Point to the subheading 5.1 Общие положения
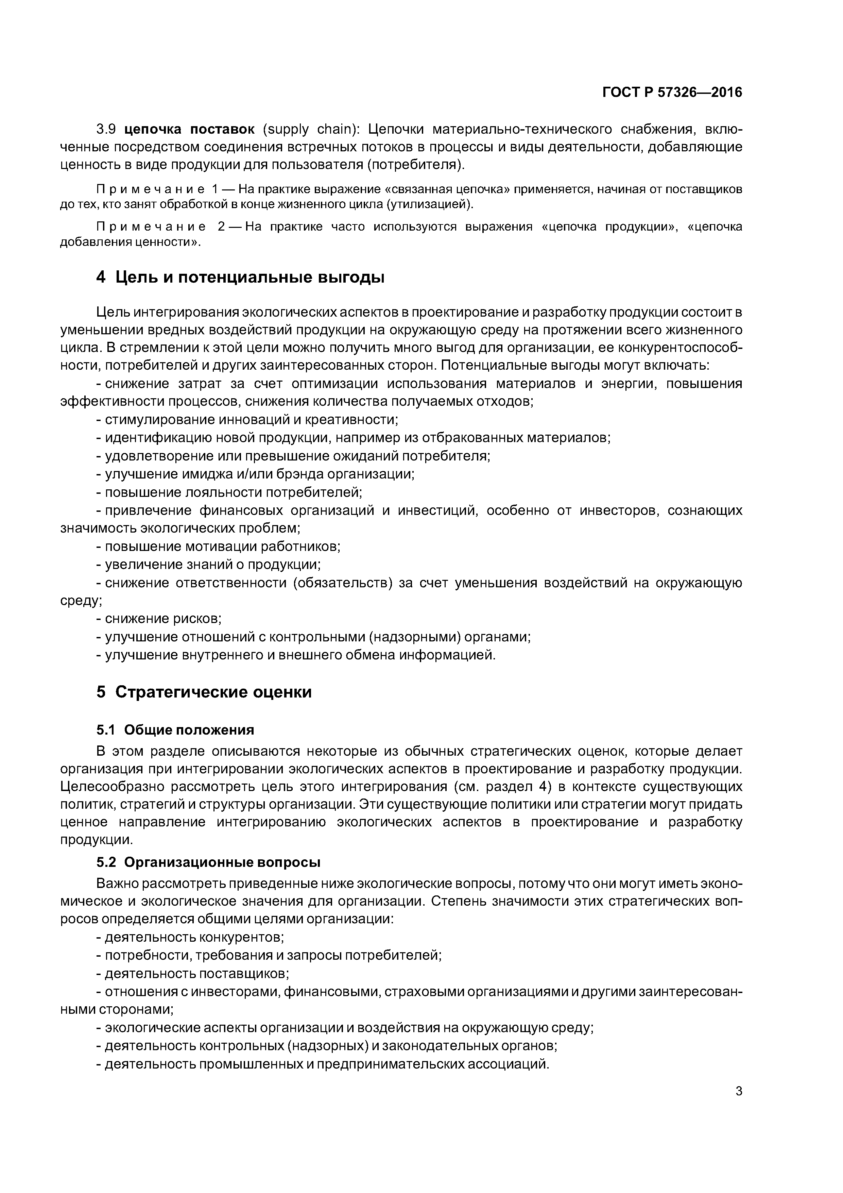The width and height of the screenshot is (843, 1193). click(175, 730)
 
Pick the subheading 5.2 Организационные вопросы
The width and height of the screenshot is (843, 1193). click(208, 862)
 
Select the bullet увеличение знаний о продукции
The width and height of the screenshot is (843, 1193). click(212, 565)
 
